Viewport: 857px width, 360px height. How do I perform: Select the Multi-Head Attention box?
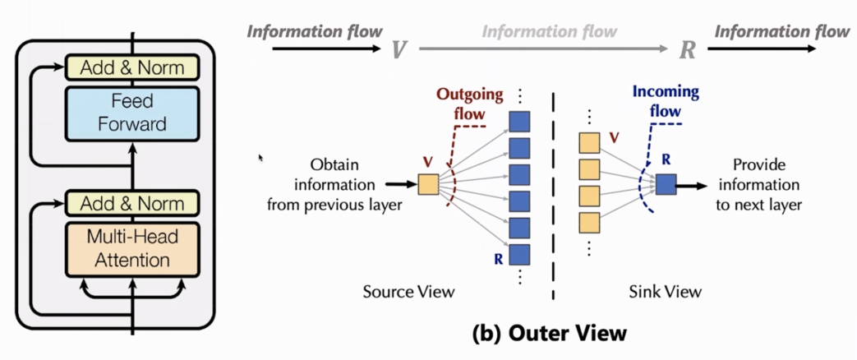click(131, 249)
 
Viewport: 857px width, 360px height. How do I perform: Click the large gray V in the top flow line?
click(399, 50)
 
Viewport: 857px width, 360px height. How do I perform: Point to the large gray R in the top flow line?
click(688, 50)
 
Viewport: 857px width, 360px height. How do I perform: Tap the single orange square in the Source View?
click(429, 183)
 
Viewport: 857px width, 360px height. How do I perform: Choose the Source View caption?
click(408, 292)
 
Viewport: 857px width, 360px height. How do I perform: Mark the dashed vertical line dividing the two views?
click(553, 197)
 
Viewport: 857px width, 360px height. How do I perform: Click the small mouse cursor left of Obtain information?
click(260, 157)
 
